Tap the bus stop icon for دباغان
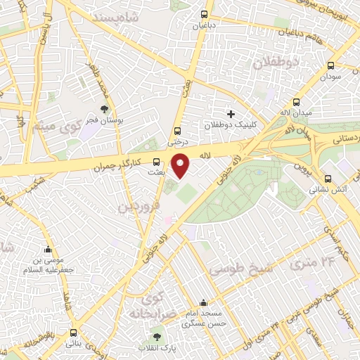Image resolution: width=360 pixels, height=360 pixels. [204, 13]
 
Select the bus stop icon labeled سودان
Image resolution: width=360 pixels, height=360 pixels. [330, 64]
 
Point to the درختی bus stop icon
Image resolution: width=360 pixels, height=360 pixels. [176, 130]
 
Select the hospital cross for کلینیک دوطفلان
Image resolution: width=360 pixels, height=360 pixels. [230, 114]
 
